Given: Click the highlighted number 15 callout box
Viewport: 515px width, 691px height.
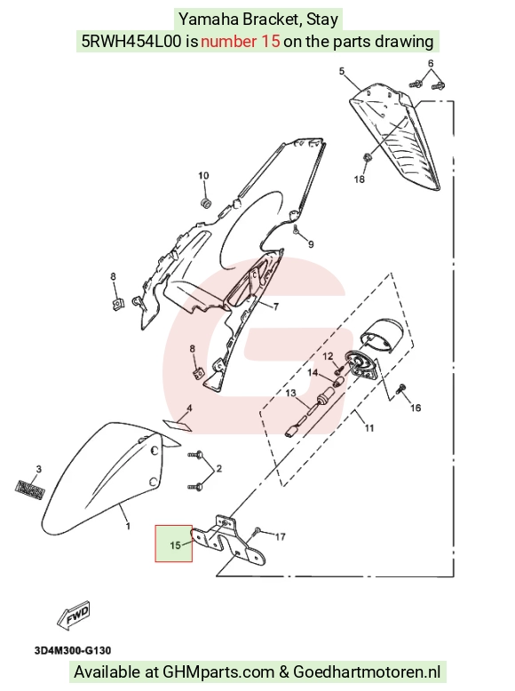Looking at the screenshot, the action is click(x=173, y=544).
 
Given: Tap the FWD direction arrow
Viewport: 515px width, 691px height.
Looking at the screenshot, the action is click(x=74, y=614).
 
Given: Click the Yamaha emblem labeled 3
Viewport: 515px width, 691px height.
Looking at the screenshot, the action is click(x=30, y=489).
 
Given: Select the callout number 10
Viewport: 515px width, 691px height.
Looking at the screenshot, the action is click(x=203, y=176).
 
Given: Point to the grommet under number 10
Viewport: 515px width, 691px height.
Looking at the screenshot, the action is click(x=205, y=204).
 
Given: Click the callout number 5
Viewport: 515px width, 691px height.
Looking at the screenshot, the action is click(x=342, y=71).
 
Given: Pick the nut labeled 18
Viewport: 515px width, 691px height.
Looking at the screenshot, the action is click(x=367, y=157).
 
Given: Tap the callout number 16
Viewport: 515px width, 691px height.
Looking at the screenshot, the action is click(x=416, y=408).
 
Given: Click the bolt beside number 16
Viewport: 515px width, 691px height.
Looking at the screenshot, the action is click(x=401, y=389).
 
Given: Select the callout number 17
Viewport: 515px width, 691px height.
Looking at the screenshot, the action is click(x=281, y=536).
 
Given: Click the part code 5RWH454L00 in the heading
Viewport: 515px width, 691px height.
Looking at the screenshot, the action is click(x=131, y=41).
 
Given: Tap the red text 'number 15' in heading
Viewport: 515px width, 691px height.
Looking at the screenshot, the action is click(x=240, y=41).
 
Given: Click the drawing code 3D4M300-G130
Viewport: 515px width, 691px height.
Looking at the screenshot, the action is click(x=73, y=650).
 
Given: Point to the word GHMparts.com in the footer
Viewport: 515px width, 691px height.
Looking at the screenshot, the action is click(x=218, y=672).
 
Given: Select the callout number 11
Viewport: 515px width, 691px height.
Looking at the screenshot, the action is click(x=369, y=428).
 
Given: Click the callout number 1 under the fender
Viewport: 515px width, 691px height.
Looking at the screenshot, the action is click(x=128, y=526).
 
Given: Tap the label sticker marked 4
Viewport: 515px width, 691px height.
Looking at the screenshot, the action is click(x=178, y=425).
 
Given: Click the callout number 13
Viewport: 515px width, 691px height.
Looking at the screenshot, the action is click(x=290, y=393).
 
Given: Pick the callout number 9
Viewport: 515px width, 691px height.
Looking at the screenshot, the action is click(x=311, y=244).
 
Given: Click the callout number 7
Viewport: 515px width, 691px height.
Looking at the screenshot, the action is click(x=276, y=306).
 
